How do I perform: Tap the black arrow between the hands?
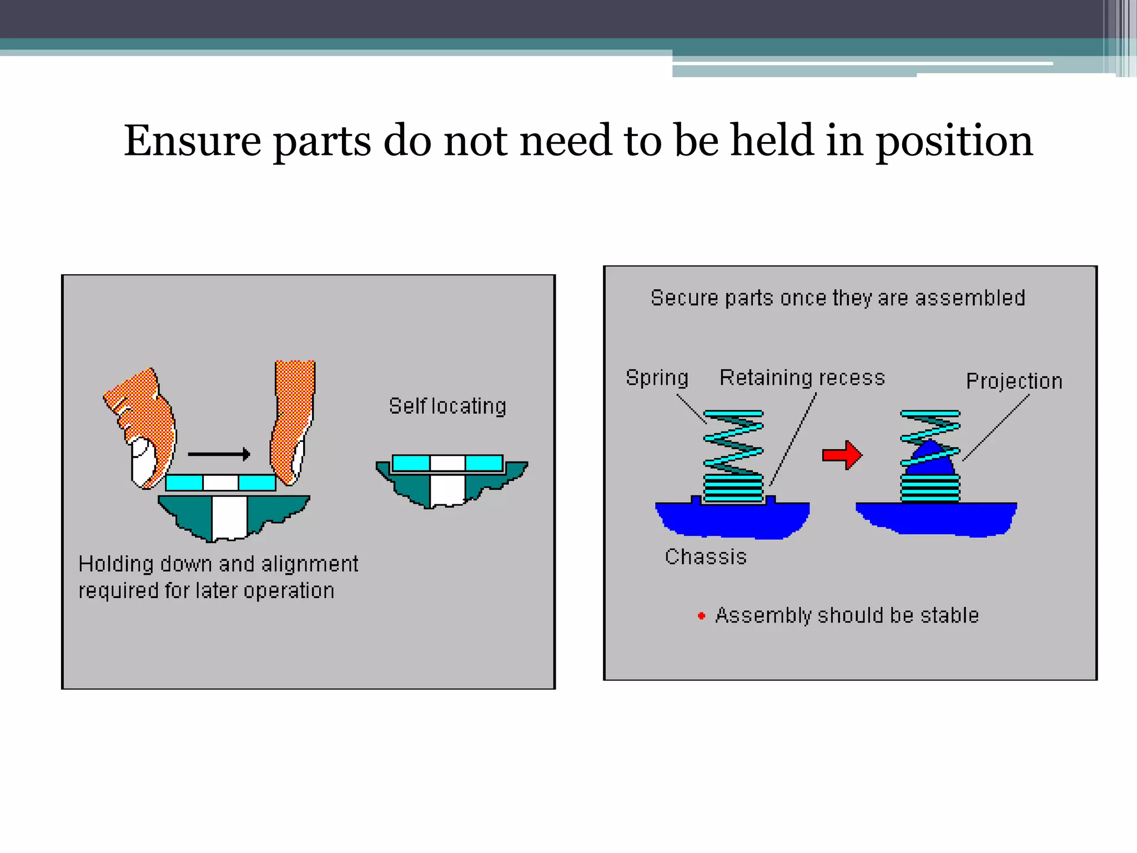(219, 454)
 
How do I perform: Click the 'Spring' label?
(657, 378)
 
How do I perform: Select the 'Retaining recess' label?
(802, 378)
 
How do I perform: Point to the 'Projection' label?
(1014, 382)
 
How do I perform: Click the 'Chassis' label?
(706, 557)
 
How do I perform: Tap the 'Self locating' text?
(447, 407)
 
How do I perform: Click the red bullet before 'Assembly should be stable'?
(701, 616)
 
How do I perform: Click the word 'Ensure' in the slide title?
(192, 141)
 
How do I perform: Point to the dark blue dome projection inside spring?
(930, 461)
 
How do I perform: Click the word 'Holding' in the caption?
(116, 565)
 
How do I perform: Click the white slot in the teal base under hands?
(229, 518)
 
